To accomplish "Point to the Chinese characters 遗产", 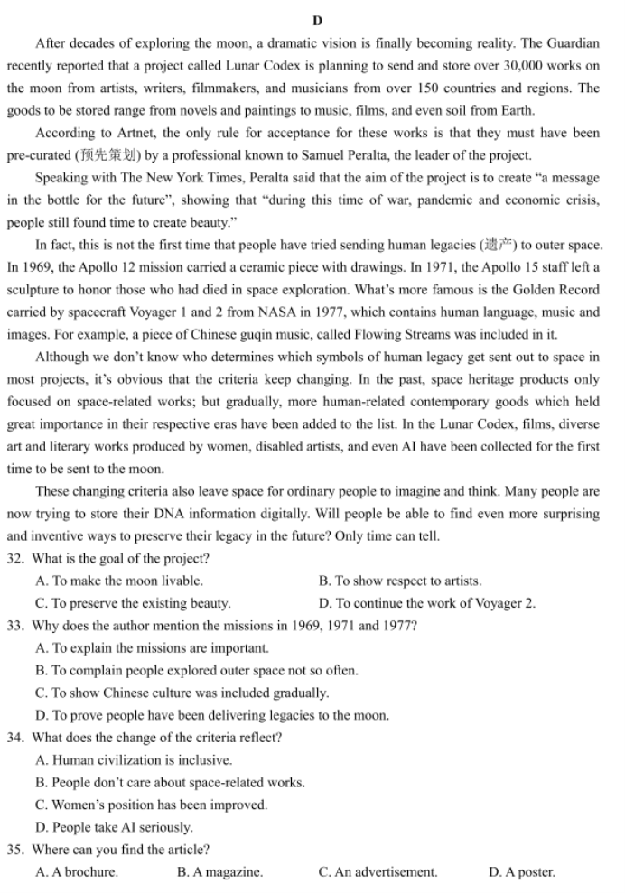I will pos(499,245).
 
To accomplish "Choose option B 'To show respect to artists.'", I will pos(400,581).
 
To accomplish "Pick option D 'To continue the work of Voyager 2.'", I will pos(426,603).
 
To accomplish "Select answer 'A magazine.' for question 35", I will pos(220,872).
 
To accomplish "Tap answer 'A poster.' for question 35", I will pos(522,872).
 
